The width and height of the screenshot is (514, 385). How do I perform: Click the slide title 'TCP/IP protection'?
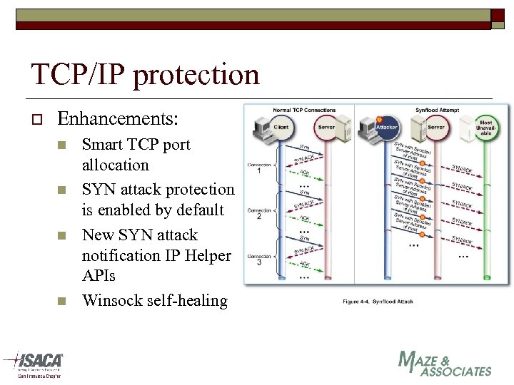pos(145,74)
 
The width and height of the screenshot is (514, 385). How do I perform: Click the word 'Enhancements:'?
pos(118,118)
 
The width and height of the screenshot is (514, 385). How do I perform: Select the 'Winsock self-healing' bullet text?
pos(155,300)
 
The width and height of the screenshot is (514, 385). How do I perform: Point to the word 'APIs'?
pos(99,275)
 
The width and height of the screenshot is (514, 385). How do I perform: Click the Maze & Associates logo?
pos(445,364)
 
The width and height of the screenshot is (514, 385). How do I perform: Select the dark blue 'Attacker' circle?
pos(386,127)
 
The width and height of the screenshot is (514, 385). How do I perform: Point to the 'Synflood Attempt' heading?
pos(436,110)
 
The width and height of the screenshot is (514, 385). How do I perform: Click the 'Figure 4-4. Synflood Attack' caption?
pos(377,302)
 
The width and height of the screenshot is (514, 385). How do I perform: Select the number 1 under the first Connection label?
pos(258,171)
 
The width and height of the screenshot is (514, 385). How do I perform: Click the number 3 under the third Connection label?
pos(258,262)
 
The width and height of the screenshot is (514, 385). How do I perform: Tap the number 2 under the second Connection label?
pos(258,217)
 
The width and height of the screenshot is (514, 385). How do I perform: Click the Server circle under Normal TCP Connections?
pos(326,127)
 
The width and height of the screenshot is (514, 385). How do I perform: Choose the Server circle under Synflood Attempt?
pos(436,127)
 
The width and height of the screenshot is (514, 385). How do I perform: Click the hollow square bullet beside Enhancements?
pos(33,118)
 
